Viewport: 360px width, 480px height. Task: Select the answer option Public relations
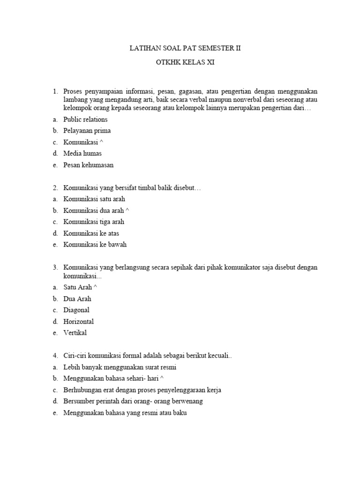(x=85, y=120)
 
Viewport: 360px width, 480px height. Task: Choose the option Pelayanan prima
(x=87, y=131)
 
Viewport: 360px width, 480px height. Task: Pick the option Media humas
(x=82, y=153)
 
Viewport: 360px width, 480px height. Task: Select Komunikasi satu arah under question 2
(x=94, y=199)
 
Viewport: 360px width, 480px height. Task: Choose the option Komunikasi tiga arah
(x=94, y=222)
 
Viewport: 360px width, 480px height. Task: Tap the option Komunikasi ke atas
(x=91, y=233)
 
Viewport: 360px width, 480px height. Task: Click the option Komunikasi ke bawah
(x=95, y=244)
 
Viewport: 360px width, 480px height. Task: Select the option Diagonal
(x=76, y=310)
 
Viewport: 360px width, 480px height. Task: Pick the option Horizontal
(x=78, y=322)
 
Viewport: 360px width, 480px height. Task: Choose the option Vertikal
(x=75, y=333)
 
